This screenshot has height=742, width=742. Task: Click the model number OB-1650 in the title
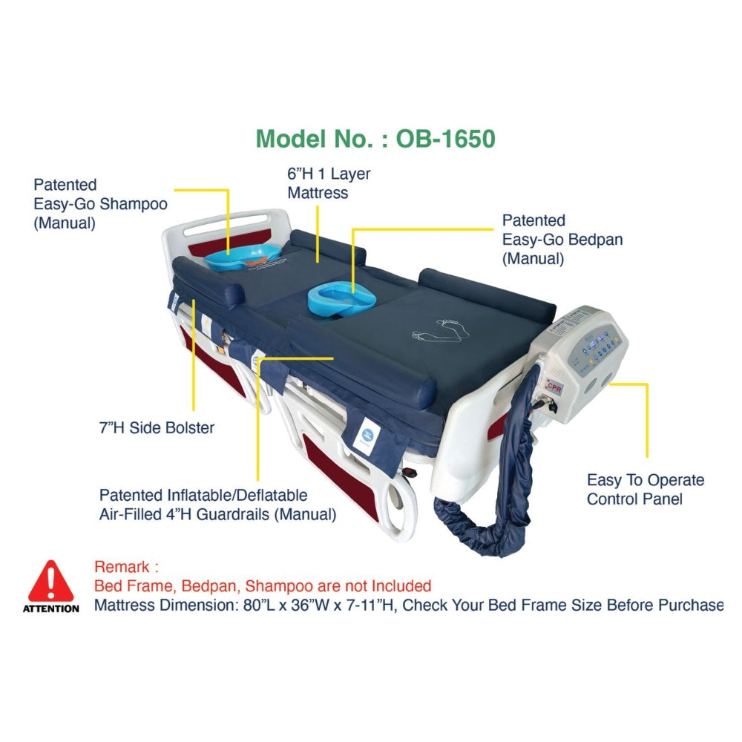click(x=445, y=139)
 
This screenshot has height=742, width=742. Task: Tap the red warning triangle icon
click(x=50, y=581)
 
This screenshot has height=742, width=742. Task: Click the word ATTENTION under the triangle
click(x=50, y=608)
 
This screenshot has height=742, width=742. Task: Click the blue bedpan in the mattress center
click(x=341, y=301)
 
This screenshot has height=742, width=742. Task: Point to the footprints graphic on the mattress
click(x=440, y=330)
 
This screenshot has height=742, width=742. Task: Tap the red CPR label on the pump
click(x=554, y=387)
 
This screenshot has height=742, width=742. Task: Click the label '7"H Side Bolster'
click(x=157, y=428)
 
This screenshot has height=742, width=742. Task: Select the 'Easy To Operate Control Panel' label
click(x=646, y=489)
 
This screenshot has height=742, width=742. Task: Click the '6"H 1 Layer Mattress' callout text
click(x=329, y=183)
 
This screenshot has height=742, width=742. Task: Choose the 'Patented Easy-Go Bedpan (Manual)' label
click(x=562, y=240)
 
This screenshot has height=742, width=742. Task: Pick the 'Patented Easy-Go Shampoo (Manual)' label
click(x=100, y=204)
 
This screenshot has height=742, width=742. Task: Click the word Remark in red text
click(x=122, y=567)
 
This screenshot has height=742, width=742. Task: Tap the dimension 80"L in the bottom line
click(x=258, y=605)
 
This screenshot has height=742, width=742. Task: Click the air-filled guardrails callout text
click(x=217, y=505)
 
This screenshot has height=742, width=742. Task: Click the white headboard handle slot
click(x=226, y=224)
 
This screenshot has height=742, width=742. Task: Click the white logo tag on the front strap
click(x=364, y=436)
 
